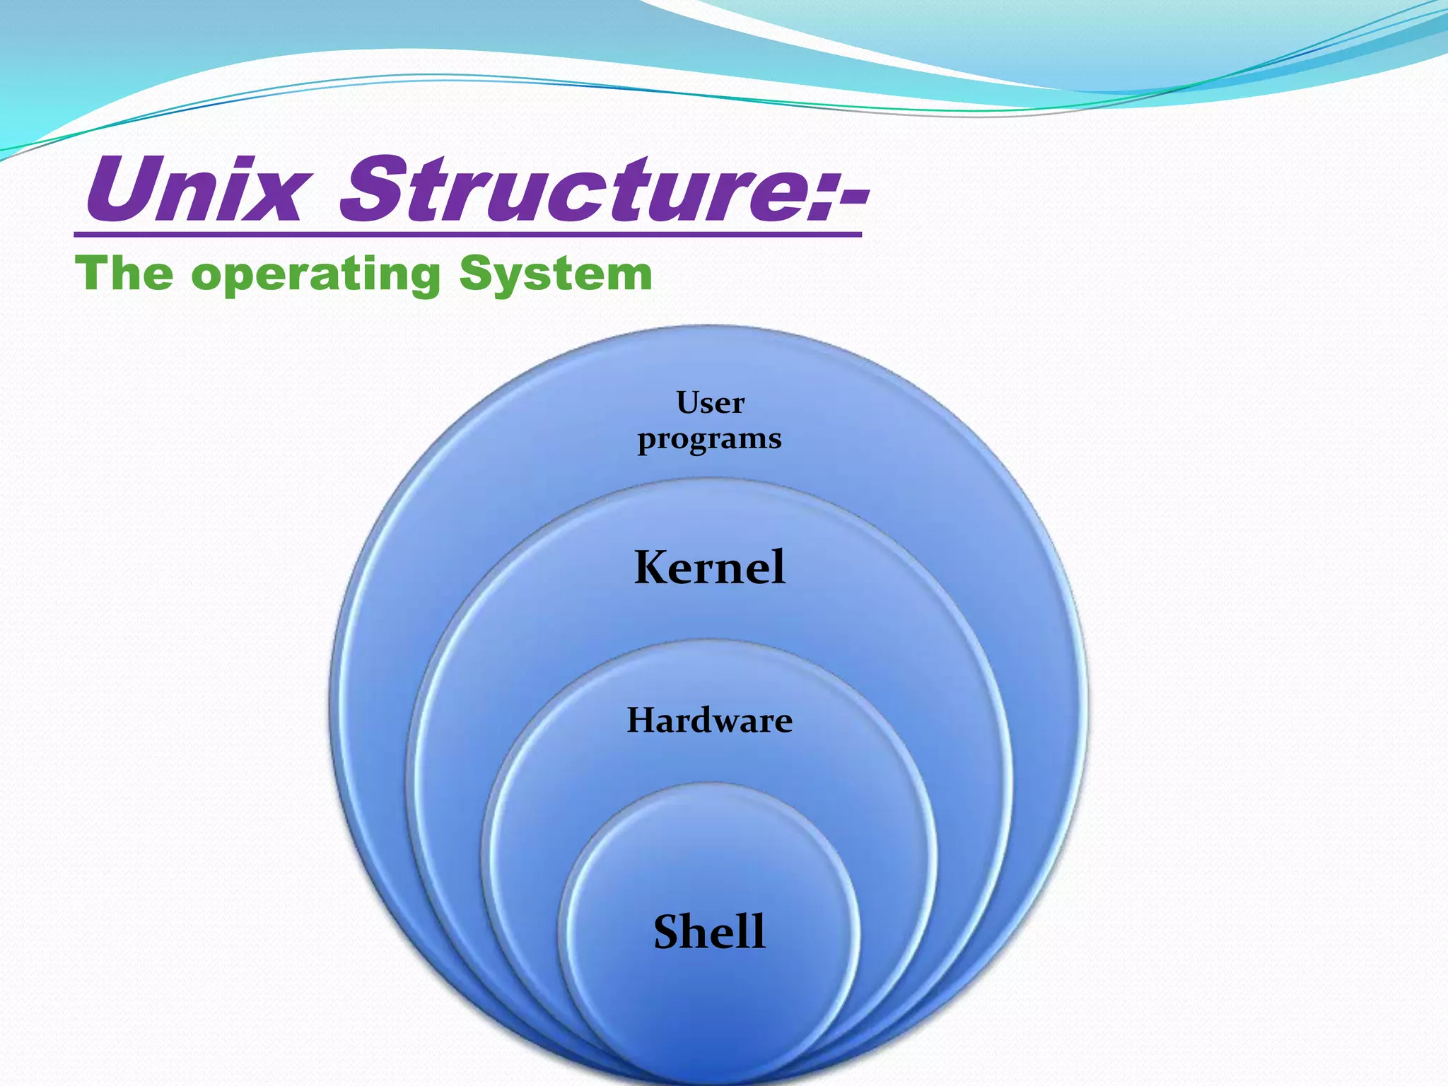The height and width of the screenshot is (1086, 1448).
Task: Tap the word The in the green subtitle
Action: point(124,274)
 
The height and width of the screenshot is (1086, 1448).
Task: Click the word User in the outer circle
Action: point(710,403)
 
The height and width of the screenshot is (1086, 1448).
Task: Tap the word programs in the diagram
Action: point(709,440)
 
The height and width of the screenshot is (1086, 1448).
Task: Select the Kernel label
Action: point(710,567)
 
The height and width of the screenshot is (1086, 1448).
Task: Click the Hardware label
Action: point(710,720)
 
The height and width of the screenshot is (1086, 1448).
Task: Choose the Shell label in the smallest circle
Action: point(709,931)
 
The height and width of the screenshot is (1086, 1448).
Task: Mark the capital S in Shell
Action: point(669,932)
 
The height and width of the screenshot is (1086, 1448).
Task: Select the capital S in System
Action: point(475,274)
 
